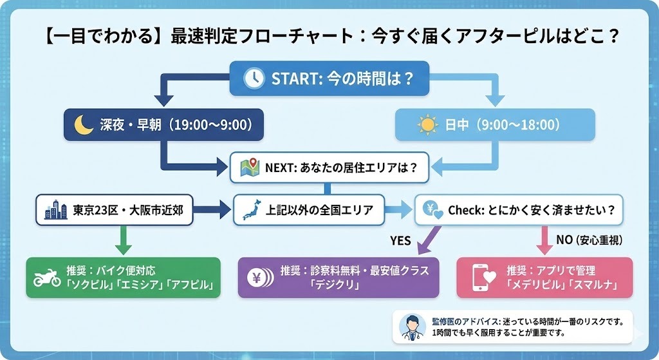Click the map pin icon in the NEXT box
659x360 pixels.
click(x=249, y=167)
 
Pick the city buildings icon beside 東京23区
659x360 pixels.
click(x=55, y=209)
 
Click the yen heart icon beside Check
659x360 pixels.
click(x=431, y=210)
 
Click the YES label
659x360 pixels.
click(x=400, y=240)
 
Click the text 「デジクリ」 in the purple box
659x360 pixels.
click(x=334, y=285)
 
